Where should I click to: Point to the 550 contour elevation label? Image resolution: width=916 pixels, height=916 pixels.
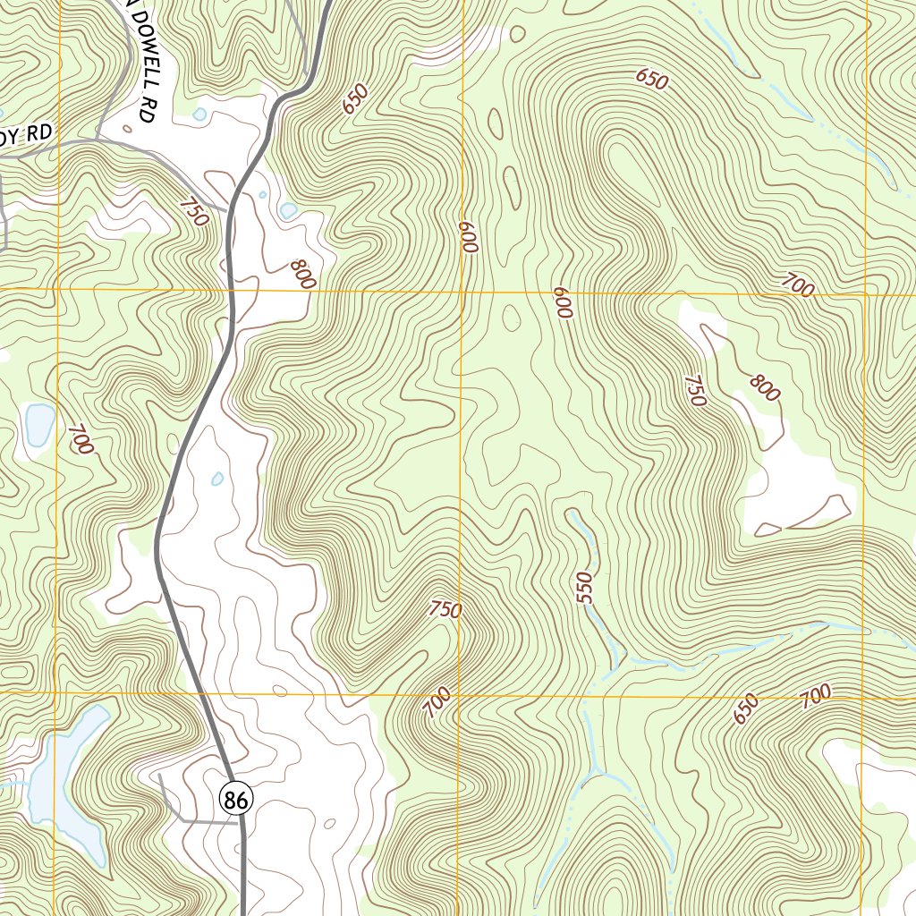click(585, 588)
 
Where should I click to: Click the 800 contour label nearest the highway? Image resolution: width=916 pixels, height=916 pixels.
click(303, 274)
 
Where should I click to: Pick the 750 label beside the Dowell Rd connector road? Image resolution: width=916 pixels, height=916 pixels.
click(192, 212)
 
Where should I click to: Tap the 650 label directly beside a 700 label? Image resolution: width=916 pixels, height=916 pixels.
click(745, 708)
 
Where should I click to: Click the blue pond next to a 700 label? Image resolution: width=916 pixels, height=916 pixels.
click(39, 425)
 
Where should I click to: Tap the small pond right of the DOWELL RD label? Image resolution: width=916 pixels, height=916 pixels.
click(199, 114)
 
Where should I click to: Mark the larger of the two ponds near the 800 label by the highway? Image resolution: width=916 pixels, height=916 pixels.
click(288, 210)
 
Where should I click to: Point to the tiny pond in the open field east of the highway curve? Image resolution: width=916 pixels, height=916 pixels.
click(217, 479)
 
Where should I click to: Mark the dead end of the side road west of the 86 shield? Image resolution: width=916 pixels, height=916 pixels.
click(158, 776)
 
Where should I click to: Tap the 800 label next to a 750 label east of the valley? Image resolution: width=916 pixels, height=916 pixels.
click(765, 387)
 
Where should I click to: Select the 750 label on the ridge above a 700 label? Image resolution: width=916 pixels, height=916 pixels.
click(445, 610)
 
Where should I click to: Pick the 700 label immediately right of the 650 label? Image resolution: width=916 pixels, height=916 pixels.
click(815, 694)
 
